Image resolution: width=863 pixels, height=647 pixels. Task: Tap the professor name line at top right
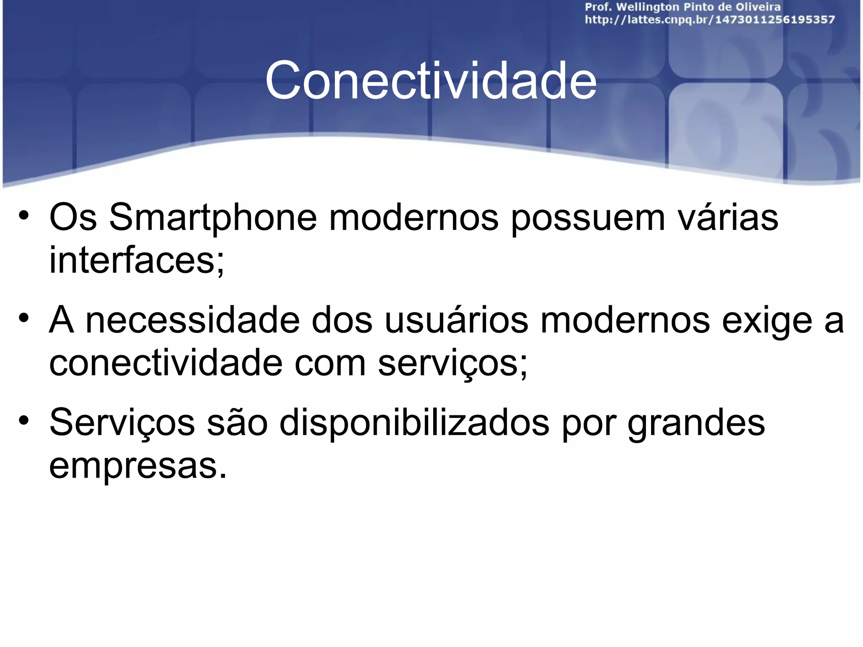[683, 7]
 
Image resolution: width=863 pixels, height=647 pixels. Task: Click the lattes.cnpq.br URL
[710, 20]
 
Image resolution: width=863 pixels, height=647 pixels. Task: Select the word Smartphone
[213, 217]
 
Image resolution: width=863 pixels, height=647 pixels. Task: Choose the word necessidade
[193, 321]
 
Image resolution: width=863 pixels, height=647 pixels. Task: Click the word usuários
[456, 321]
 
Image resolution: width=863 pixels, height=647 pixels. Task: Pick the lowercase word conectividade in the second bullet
[166, 363]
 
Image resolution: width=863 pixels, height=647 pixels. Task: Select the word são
[237, 423]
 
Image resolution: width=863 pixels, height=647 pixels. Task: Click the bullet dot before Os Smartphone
[24, 215]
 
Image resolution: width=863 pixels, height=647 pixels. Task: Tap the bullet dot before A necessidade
[24, 318]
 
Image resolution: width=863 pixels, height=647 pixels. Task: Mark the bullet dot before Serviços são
[24, 420]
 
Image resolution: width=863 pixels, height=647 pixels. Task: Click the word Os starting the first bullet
[73, 217]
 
